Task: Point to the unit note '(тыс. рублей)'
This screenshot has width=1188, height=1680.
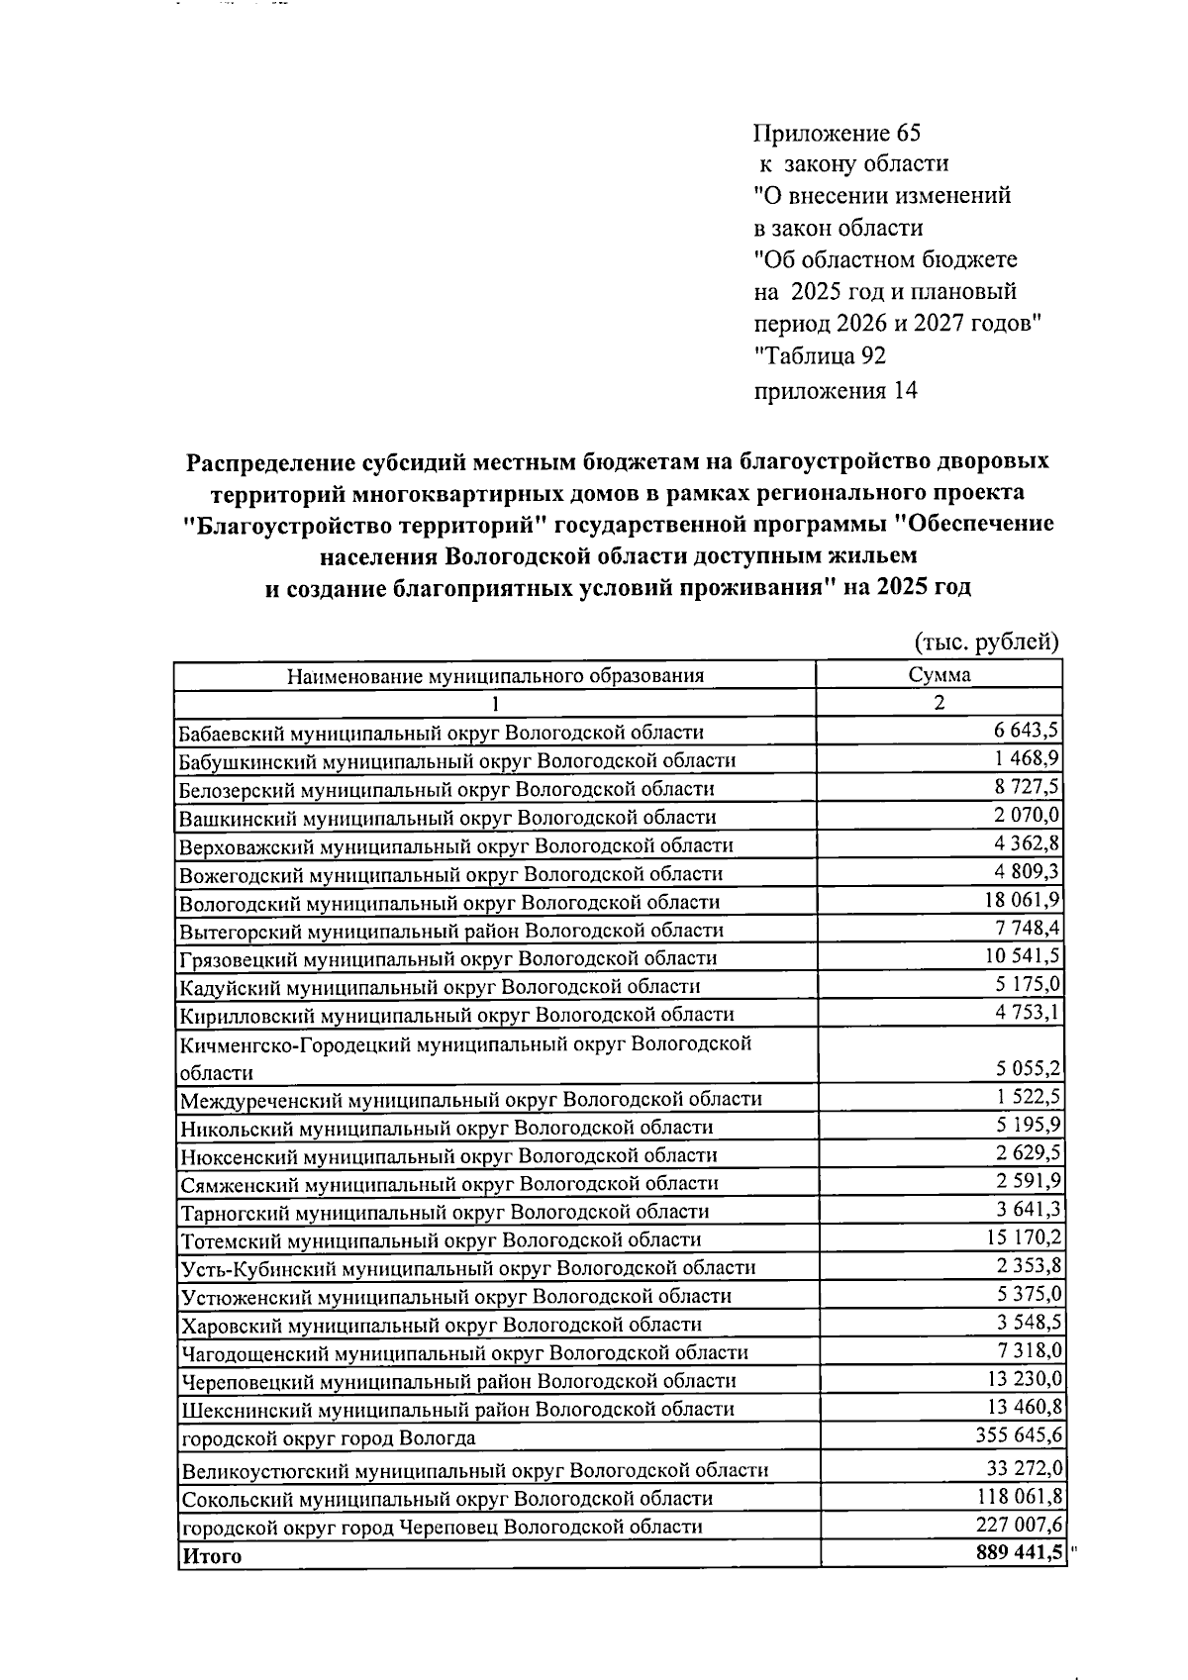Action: [x=986, y=642]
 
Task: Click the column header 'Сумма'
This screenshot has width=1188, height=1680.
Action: [x=940, y=675]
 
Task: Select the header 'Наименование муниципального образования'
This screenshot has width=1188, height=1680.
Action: [x=495, y=676]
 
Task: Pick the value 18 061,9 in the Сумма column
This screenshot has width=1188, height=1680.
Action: [x=1021, y=900]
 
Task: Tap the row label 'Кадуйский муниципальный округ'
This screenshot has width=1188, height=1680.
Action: [x=439, y=986]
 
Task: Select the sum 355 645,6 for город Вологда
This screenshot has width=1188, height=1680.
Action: [x=1017, y=1434]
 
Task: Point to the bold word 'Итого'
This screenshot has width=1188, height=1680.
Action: [x=211, y=1556]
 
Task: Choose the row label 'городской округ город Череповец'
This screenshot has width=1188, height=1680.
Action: [x=441, y=1527]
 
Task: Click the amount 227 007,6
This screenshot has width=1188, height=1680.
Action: [x=1017, y=1525]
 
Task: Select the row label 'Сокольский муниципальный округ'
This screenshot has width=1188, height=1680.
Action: [x=445, y=1499]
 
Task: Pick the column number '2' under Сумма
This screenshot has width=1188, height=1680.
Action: [x=940, y=703]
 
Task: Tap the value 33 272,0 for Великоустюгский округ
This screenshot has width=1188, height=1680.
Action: [x=1022, y=1468]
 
